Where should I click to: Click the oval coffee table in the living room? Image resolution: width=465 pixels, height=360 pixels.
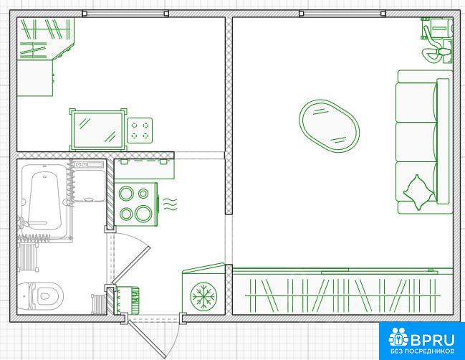[x=329, y=125]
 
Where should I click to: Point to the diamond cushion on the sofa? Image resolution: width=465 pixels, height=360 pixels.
[x=418, y=192]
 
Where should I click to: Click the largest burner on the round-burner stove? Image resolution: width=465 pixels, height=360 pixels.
[x=143, y=213]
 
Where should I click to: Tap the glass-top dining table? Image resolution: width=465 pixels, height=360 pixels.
[x=98, y=130]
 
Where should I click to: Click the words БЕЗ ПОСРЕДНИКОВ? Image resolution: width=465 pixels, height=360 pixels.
[x=423, y=351]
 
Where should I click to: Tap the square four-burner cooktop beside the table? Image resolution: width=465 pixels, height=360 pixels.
[x=140, y=130]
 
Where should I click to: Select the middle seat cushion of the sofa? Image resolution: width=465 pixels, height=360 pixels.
[x=416, y=142]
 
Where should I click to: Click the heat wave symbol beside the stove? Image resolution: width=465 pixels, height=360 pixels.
[x=171, y=204]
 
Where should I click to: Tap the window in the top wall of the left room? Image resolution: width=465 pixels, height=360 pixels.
[x=125, y=14]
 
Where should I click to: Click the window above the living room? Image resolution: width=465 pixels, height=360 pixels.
[x=342, y=14]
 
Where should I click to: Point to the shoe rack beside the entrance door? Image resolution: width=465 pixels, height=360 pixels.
[x=127, y=300]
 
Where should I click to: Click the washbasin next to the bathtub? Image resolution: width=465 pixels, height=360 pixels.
[x=89, y=181]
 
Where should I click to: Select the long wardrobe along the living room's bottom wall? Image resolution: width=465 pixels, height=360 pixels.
[x=342, y=291]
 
